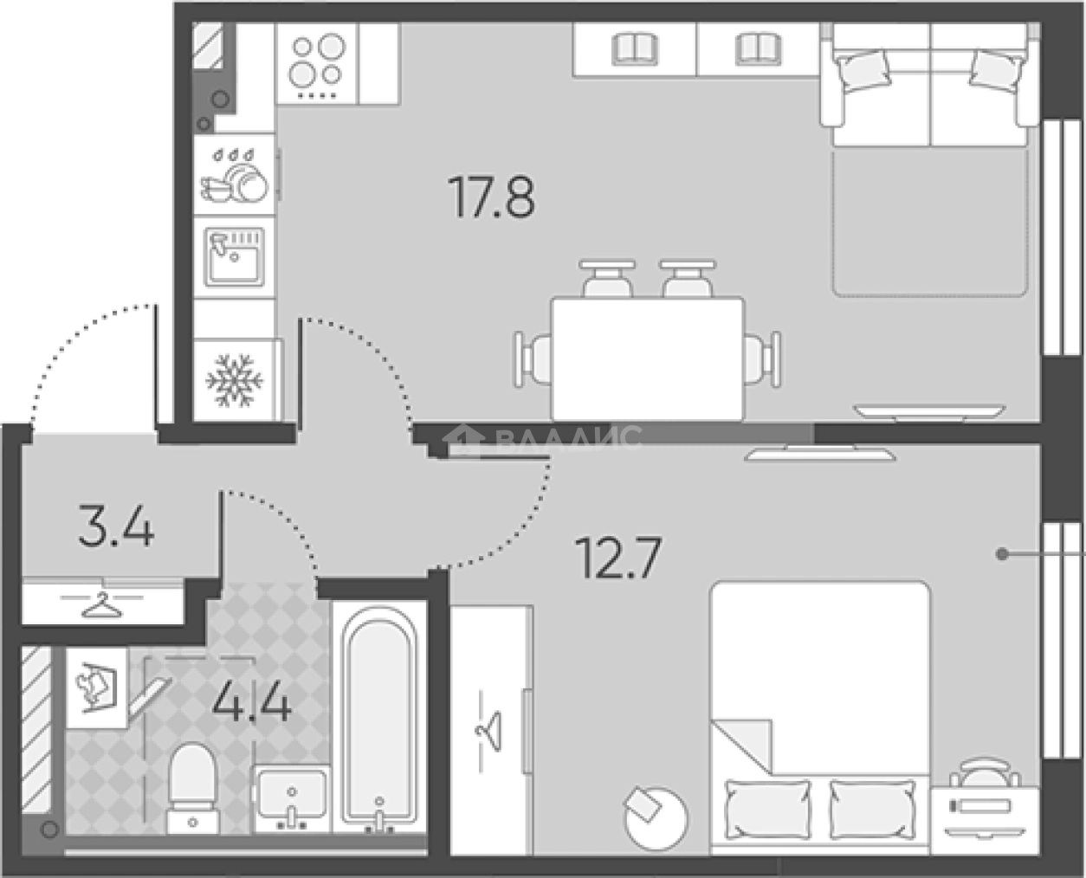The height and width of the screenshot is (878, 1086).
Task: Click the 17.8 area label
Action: [492, 197]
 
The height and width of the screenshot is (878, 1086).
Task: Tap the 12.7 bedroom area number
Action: [618, 558]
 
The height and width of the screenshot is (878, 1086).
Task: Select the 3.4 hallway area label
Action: [116, 526]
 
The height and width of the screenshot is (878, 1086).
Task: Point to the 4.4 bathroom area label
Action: [251, 700]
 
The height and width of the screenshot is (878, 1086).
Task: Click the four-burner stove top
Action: [317, 64]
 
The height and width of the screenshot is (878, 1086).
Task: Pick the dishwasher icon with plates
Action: [234, 175]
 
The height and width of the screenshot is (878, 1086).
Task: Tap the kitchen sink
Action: [234, 257]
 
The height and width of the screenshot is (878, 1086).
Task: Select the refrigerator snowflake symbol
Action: [234, 381]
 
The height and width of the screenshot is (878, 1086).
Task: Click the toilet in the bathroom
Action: [192, 788]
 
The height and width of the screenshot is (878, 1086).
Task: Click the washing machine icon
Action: [96, 688]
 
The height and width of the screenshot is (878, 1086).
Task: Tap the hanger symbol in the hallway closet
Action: [102, 604]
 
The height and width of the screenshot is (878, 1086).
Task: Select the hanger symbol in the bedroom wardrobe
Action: [488, 731]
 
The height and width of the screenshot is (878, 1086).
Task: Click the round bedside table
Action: [656, 819]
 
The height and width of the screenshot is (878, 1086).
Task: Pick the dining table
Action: [648, 359]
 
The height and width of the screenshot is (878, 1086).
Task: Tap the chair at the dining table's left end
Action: [533, 359]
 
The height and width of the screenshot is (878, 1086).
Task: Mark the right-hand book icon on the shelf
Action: [758, 49]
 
